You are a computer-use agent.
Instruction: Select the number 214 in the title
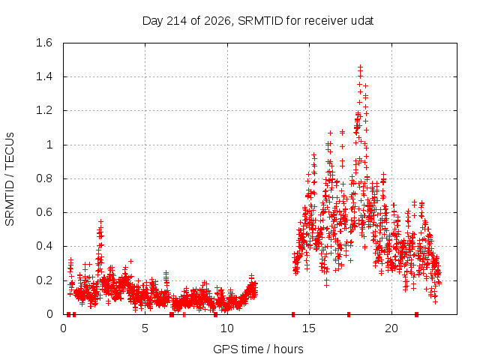click(177, 21)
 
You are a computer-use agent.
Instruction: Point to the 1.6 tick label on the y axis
click(44, 43)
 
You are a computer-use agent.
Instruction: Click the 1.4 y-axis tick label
click(44, 76)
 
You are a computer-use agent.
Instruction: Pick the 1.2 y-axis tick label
click(44, 110)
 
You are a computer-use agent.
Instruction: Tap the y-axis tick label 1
click(49, 145)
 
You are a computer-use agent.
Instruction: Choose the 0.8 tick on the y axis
click(44, 178)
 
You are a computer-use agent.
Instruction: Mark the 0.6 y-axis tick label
click(44, 212)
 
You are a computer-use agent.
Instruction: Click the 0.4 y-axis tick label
click(44, 246)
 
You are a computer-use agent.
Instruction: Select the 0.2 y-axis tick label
click(44, 280)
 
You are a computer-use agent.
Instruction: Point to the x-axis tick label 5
click(145, 328)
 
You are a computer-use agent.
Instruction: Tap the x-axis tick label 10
click(227, 328)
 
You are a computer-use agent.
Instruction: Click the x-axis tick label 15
click(309, 328)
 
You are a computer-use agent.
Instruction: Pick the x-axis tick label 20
click(391, 328)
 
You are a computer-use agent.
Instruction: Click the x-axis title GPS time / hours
click(258, 349)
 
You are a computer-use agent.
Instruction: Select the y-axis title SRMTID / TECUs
click(10, 179)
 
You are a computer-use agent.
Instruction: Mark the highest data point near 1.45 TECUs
click(360, 67)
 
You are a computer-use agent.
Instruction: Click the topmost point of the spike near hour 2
click(100, 221)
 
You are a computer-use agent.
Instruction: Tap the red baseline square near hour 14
click(293, 314)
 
